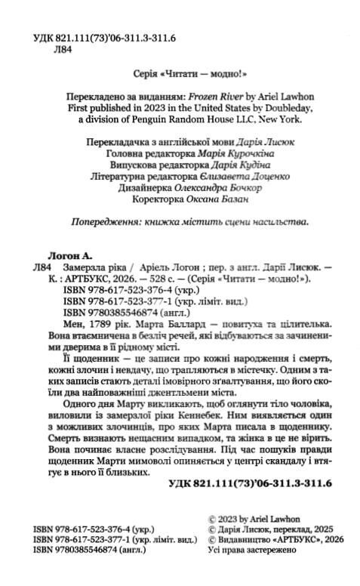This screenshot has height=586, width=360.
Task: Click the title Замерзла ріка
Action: pyautogui.click(x=96, y=267)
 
